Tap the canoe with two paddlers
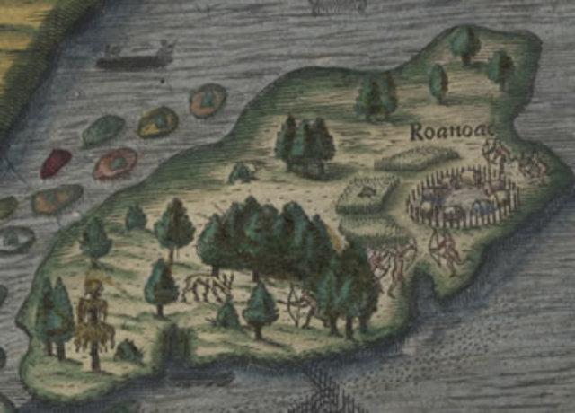135,58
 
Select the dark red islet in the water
56,163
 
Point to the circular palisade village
463,197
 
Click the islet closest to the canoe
208,99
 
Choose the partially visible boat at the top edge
337,5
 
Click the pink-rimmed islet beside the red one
115,164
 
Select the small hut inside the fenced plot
366,190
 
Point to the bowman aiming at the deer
301,305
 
